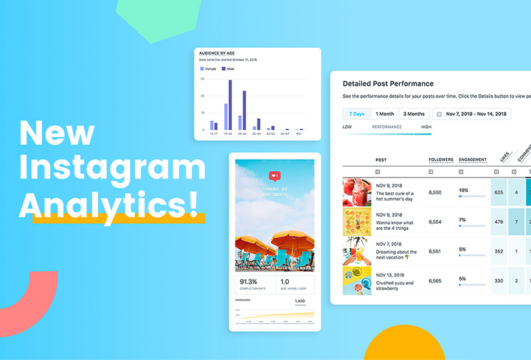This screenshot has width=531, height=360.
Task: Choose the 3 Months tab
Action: (x=414, y=114)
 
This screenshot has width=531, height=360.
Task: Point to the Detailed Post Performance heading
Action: (x=388, y=84)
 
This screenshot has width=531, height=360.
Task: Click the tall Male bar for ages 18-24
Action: (x=230, y=105)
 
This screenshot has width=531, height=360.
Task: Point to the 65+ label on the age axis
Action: (x=299, y=134)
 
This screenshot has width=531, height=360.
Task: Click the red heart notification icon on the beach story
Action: (x=275, y=176)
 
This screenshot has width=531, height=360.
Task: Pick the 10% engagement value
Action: (x=463, y=190)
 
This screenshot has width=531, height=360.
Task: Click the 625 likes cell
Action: (x=498, y=193)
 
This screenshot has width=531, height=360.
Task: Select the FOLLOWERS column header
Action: (x=441, y=160)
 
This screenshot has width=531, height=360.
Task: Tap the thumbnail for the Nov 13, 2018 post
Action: (x=356, y=281)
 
